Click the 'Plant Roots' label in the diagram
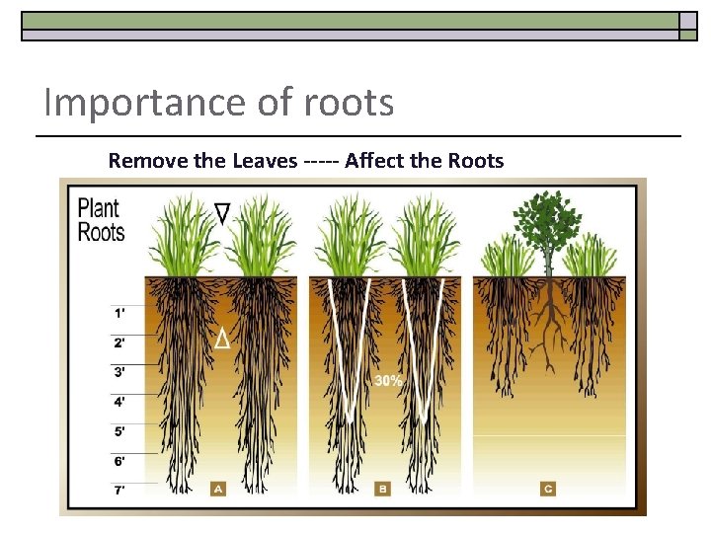101,219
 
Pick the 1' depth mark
119,313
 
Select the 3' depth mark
119,372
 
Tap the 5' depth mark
119,431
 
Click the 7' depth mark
119,490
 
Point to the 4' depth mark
119,402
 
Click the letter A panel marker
218,488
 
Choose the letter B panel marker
382,488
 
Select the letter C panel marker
547,488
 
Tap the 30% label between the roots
387,380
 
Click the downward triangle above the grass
222,212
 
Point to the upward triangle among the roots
222,340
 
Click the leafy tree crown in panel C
545,221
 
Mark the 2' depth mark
119,343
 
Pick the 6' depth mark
119,461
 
